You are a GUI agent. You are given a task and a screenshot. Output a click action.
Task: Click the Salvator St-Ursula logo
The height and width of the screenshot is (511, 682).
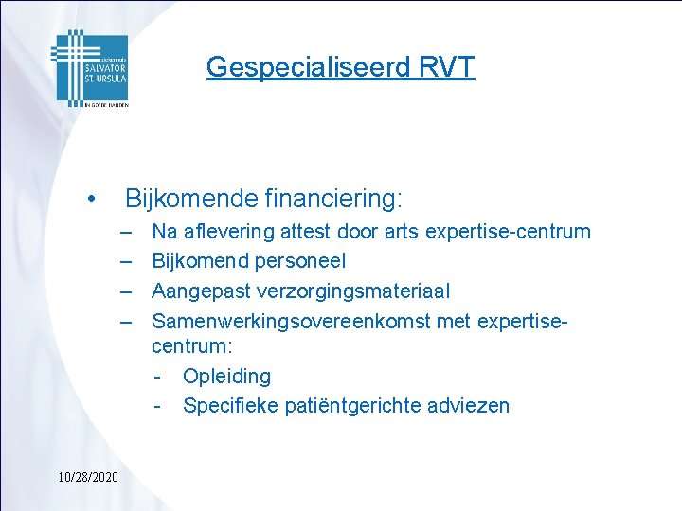tap(89, 68)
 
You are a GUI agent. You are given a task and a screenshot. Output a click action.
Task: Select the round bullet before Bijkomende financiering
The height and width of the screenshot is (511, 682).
tap(89, 200)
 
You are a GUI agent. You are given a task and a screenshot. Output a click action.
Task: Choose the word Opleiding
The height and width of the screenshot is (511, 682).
tap(226, 377)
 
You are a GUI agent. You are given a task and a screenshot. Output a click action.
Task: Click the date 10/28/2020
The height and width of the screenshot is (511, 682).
tap(86, 476)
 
